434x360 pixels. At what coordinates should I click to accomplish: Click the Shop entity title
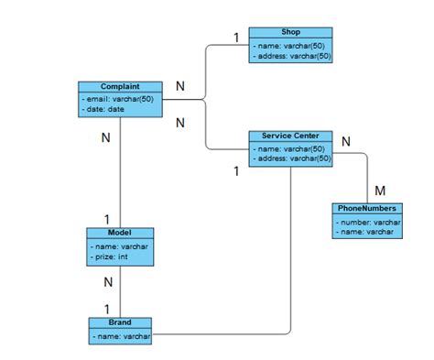pos(291,32)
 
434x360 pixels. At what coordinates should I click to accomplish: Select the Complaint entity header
pos(120,86)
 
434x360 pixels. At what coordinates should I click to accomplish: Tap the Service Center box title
pos(290,136)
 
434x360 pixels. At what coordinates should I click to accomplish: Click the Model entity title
pos(119,233)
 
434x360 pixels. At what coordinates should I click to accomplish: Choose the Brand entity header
pos(120,323)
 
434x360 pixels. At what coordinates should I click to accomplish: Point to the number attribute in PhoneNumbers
pos(369,221)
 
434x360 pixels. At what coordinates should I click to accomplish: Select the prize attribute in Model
pos(111,256)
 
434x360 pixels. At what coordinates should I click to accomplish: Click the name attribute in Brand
pos(121,336)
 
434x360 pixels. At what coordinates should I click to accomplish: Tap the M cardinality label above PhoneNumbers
pos(380,191)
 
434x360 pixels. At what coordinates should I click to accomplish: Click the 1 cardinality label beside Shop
pos(235,38)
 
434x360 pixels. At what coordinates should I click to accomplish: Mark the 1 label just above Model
pos(106,219)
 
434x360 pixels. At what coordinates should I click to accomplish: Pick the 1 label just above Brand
pos(106,309)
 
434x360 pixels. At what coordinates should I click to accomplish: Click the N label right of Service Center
pos(345,141)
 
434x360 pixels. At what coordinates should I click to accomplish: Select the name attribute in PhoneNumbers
pos(367,232)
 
